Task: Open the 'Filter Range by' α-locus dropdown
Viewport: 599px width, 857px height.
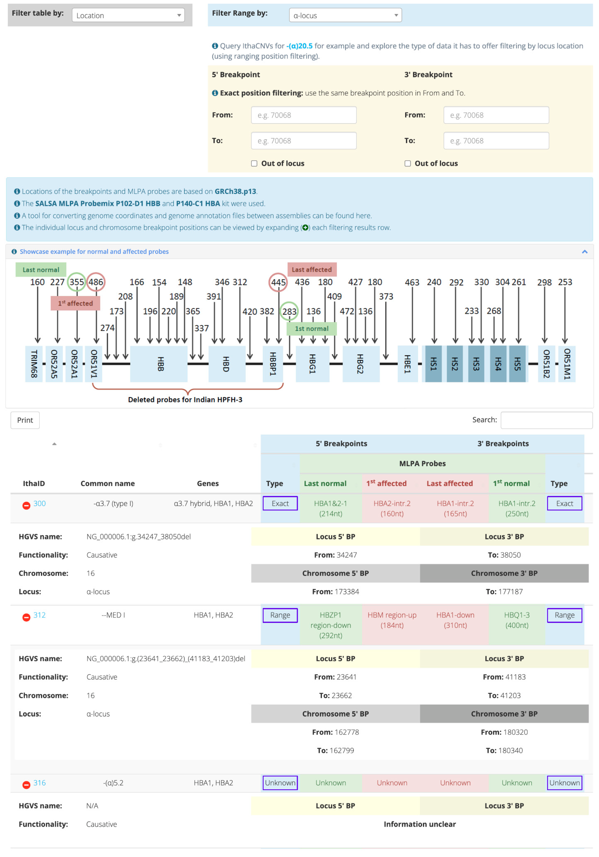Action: [x=345, y=15]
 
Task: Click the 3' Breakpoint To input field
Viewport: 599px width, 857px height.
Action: [x=496, y=141]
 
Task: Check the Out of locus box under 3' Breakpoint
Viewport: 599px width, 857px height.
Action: [x=407, y=164]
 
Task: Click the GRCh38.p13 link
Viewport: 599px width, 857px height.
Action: [x=235, y=191]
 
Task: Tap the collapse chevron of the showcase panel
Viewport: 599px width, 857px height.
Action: [x=584, y=252]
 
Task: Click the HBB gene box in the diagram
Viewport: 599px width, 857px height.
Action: [x=159, y=364]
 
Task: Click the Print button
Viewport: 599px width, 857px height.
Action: [x=25, y=420]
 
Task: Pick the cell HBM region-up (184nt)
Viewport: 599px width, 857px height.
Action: [x=392, y=620]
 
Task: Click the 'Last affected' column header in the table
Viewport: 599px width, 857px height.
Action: [x=450, y=484]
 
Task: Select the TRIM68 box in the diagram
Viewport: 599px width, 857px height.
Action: [x=34, y=364]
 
